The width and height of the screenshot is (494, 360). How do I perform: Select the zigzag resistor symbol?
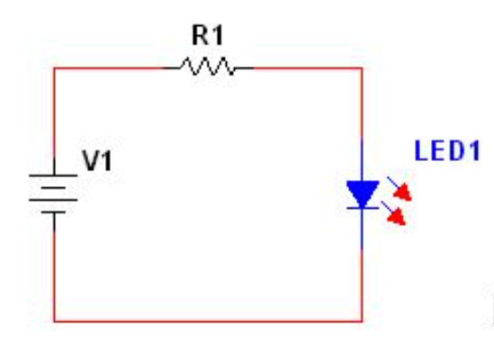click(208, 67)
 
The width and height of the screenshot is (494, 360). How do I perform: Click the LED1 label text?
click(442, 150)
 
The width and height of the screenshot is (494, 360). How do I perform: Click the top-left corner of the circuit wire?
click(54, 67)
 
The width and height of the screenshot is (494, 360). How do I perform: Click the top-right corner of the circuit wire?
click(362, 67)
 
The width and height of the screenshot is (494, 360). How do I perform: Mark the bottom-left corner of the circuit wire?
click(54, 320)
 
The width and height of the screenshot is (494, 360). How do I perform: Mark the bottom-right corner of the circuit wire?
click(362, 320)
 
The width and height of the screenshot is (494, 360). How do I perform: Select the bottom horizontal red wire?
click(208, 320)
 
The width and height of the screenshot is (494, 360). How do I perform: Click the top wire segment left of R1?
click(108, 67)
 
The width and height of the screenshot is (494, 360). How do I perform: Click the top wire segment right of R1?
click(306, 67)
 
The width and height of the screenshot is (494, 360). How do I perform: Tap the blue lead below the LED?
click(362, 229)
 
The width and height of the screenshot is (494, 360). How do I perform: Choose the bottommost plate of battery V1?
click(54, 212)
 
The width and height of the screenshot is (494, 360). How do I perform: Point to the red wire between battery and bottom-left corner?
click(54, 270)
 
